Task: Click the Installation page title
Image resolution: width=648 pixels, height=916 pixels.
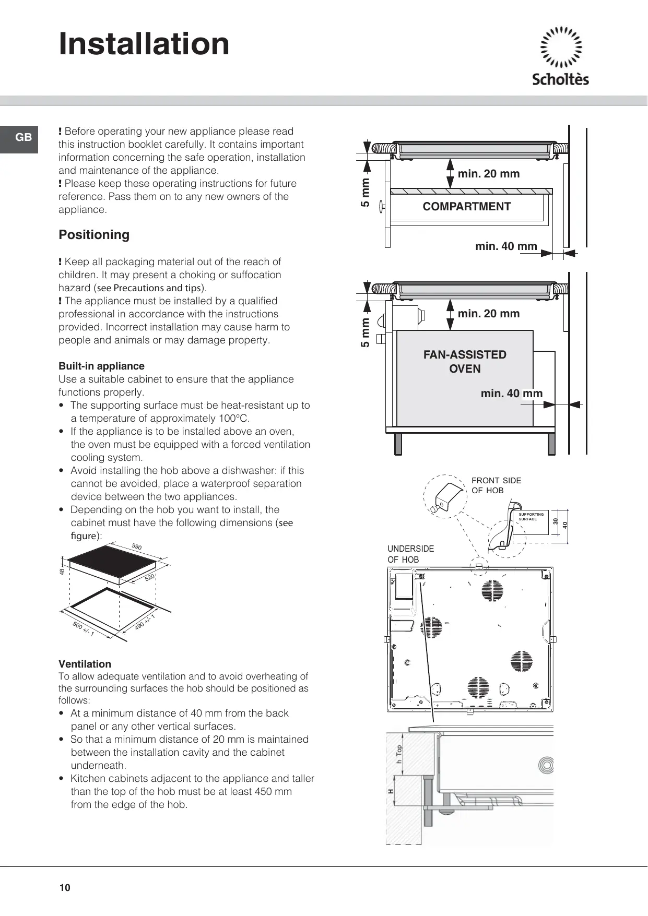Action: tap(144, 44)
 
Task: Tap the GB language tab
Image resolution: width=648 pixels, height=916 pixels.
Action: tap(23, 138)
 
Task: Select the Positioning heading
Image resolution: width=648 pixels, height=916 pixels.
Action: tap(94, 235)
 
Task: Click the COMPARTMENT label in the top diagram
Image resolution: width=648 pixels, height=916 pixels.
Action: tap(466, 207)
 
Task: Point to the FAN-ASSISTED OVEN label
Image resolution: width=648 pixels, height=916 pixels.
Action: tap(465, 361)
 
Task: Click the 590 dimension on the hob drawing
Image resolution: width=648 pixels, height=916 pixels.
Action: tap(137, 546)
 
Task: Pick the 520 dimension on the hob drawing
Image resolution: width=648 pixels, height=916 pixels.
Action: tap(150, 578)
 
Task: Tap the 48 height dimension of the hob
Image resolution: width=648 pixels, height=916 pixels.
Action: tap(62, 572)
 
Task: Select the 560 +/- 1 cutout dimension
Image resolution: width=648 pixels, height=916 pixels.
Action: tap(84, 629)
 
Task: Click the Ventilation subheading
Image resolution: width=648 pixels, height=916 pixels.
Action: tap(85, 664)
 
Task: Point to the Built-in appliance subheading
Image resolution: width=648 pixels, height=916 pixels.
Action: tap(101, 366)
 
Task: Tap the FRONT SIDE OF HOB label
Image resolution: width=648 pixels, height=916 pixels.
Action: tap(496, 485)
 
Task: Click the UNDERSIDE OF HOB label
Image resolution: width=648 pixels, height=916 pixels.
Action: tap(410, 554)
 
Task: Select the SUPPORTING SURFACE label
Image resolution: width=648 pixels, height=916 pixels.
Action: tap(531, 517)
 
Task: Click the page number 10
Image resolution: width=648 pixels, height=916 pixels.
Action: tap(65, 888)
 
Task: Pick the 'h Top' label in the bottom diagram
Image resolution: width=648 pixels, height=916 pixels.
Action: tap(399, 754)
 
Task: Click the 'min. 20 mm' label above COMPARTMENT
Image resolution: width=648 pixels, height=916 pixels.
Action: tap(489, 174)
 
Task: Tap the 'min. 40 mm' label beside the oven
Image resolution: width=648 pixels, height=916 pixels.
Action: tap(512, 394)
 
